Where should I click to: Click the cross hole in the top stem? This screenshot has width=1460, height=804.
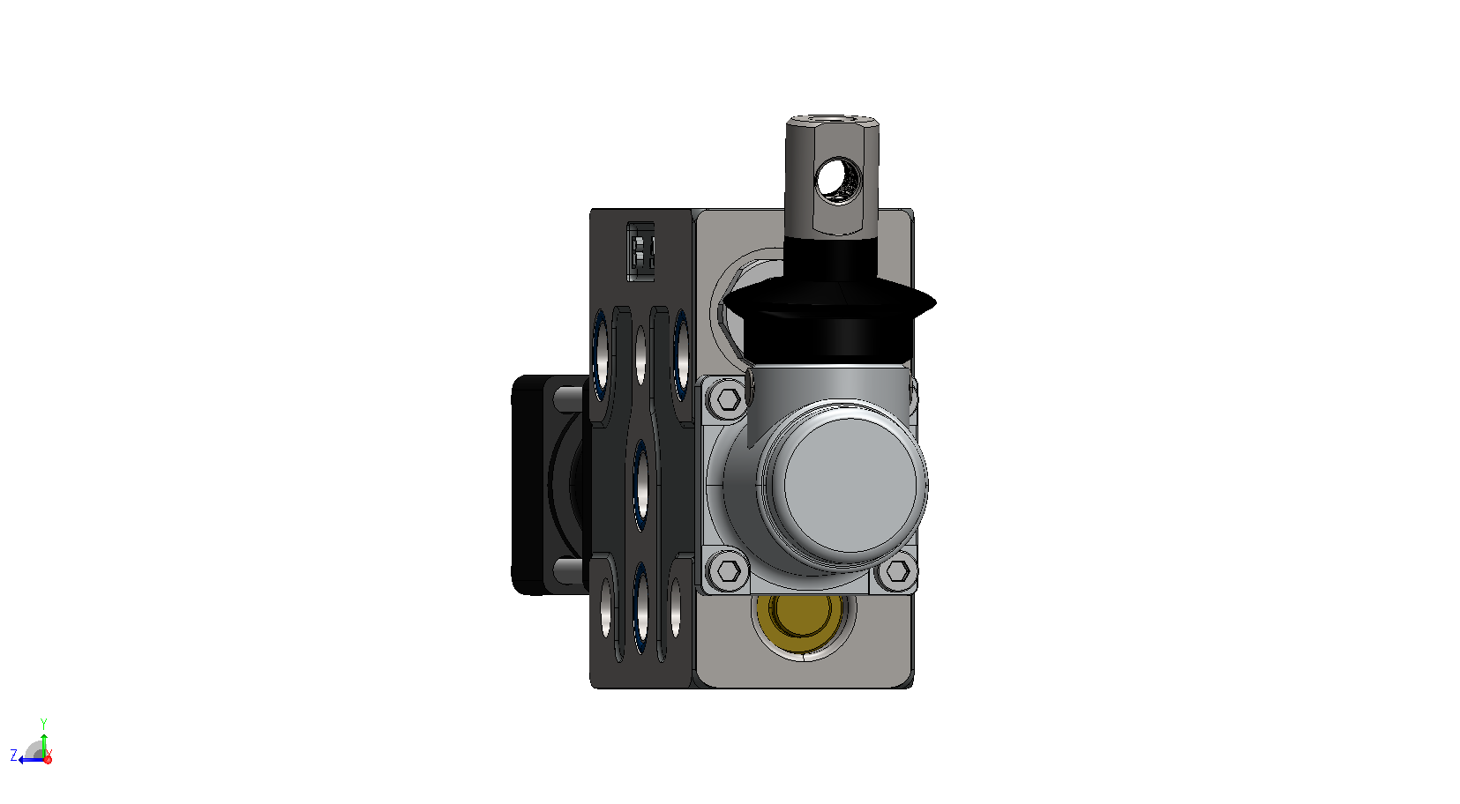pos(838,179)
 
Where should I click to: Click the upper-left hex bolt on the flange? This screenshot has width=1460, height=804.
pos(728,398)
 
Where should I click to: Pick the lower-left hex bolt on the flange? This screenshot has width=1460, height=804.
pos(728,571)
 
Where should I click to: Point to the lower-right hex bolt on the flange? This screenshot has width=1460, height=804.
pos(897,571)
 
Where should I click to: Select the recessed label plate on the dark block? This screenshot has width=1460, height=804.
pos(640,251)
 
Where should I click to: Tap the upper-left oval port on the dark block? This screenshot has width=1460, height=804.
pos(600,356)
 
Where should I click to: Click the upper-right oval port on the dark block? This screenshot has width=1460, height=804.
pos(680,356)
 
